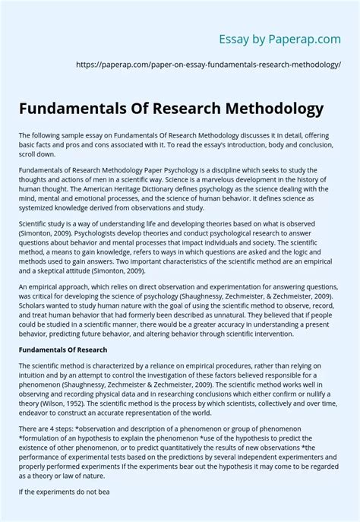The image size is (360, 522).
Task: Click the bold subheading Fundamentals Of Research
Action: pos(63,349)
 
